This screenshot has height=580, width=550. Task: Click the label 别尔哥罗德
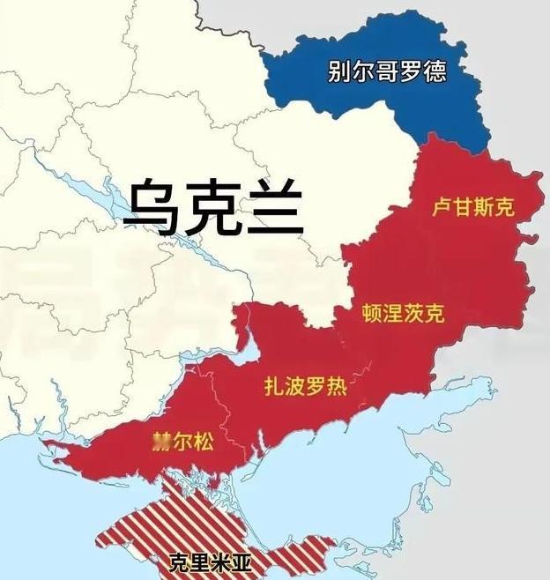pos(387,71)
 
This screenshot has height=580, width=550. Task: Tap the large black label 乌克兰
pos(212,207)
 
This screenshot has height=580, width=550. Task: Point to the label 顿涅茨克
pos(404,313)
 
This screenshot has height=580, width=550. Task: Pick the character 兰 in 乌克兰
pos(273,208)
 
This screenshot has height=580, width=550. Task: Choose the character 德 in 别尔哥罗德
pos(434,71)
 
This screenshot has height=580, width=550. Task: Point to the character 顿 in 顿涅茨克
pos(373,313)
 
